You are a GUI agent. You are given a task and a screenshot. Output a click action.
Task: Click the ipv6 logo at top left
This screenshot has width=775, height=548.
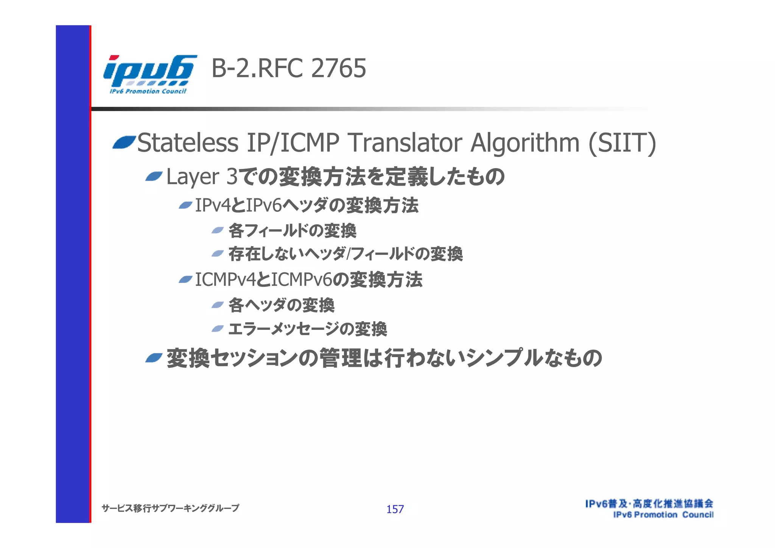pos(149,74)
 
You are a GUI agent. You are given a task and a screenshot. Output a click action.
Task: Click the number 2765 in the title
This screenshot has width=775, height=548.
pos(339,69)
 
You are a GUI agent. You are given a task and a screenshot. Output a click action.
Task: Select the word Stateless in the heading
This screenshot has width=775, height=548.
pos(188,143)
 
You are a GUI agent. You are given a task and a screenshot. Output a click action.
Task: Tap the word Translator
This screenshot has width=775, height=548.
pos(405,143)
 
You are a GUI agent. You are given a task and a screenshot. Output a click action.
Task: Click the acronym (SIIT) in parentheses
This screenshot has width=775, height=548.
pos(622,143)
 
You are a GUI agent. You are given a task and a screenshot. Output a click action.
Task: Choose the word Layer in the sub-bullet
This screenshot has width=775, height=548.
pos(193,177)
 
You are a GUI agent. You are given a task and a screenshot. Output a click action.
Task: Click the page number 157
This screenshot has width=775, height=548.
pos(395,509)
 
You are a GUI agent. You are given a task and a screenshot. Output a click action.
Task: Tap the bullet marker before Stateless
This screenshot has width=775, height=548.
pos(124,143)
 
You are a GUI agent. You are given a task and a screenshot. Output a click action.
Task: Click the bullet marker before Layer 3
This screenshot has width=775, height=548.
pos(154,176)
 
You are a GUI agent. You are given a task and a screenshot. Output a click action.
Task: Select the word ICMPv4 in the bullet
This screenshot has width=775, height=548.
pos(226,280)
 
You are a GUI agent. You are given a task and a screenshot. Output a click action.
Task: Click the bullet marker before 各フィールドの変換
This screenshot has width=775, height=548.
pos(218,230)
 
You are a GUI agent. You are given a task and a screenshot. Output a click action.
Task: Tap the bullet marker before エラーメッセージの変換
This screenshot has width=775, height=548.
pos(218,328)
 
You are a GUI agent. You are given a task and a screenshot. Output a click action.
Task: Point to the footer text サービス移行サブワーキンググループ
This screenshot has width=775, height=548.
pos(170,508)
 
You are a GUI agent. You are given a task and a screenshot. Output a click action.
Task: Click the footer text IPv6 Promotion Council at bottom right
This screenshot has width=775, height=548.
pos(663,515)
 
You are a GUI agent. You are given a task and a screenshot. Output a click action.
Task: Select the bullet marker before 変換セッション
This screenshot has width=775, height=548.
pos(154,358)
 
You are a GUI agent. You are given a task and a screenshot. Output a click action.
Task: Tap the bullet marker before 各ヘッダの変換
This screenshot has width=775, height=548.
pos(218,305)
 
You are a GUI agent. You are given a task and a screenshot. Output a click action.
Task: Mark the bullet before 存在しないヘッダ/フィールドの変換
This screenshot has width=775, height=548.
pos(218,253)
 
